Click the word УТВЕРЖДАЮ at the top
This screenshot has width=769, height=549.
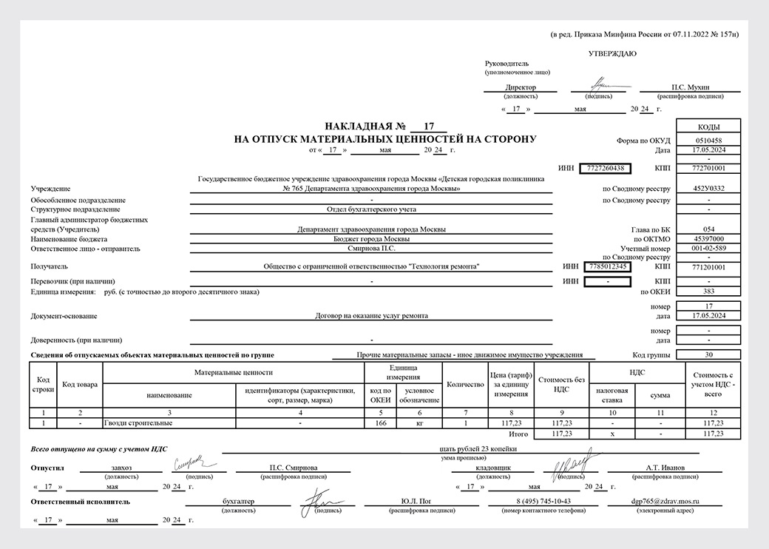point(612,54)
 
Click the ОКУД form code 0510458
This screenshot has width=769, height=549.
point(708,140)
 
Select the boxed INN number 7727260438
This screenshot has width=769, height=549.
point(606,168)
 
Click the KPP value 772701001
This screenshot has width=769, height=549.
point(708,168)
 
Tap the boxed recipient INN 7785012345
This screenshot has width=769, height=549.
point(606,266)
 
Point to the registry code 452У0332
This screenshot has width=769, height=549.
point(708,189)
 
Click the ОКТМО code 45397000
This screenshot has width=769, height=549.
point(708,239)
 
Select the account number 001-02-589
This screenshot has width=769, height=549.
point(708,249)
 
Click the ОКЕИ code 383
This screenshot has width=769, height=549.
point(708,292)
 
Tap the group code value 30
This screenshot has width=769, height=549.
point(708,354)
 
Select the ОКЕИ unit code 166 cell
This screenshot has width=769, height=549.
point(380,422)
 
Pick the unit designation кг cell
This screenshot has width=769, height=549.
point(419,422)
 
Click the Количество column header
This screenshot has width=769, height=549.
point(465,385)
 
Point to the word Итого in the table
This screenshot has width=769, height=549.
point(518,433)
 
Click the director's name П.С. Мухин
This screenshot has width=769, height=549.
point(688,87)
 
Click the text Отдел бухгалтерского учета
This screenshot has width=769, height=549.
point(371,209)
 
